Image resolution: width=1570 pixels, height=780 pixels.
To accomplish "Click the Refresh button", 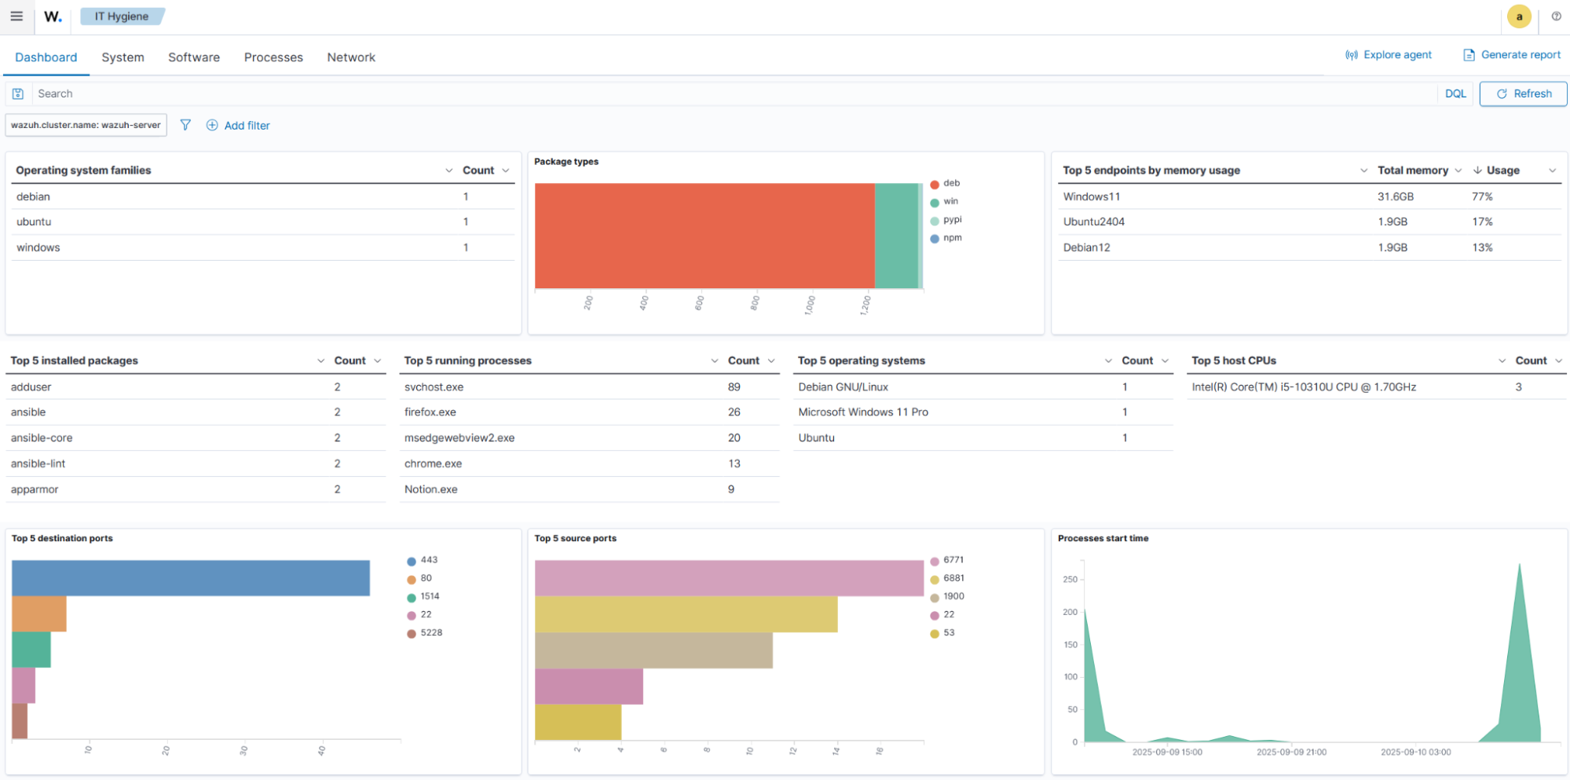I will [x=1523, y=93].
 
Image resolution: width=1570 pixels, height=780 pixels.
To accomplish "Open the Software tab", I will [x=193, y=57].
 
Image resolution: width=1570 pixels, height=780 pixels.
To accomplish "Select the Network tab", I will [x=351, y=57].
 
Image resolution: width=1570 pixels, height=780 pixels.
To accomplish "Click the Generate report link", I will [x=1512, y=55].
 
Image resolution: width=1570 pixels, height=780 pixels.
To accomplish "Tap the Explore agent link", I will [x=1389, y=55].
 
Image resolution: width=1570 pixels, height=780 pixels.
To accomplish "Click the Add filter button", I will [x=238, y=126].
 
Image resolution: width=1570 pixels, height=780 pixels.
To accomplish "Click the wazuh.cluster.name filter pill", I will [x=86, y=125].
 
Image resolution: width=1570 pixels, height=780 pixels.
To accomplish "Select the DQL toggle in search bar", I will [x=1455, y=93].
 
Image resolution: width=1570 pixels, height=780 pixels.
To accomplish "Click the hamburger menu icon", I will [x=16, y=16].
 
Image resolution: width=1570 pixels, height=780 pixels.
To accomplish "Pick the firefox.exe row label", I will [x=430, y=412].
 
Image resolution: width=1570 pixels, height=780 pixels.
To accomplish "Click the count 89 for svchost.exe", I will [x=734, y=387].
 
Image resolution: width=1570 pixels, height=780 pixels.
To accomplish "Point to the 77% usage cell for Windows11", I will [x=1481, y=196].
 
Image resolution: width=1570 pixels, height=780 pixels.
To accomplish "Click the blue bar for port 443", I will [x=190, y=578].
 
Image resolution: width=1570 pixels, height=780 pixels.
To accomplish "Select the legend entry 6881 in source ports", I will [x=953, y=578].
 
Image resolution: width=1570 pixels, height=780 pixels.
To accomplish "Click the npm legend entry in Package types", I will [x=952, y=238].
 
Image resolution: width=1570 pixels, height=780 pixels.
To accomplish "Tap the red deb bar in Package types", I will [x=704, y=236].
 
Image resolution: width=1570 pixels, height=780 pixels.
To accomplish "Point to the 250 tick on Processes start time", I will [x=1070, y=580].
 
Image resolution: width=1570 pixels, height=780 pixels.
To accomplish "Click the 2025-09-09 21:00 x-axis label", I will [x=1290, y=752].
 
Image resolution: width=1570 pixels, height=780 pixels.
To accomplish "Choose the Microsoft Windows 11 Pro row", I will [x=862, y=412].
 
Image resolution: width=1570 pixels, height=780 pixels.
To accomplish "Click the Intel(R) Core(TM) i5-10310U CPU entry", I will [x=1303, y=387].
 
